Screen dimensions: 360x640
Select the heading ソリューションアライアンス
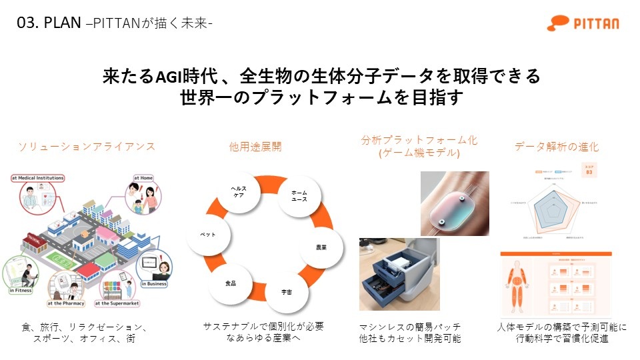pyautogui.click(x=86, y=147)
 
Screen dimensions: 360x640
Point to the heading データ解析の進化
pyautogui.click(x=557, y=147)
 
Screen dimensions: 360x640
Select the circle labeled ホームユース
pyautogui.click(x=299, y=196)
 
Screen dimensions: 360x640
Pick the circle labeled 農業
pyautogui.click(x=321, y=247)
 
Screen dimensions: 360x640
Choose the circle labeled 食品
pyautogui.click(x=230, y=283)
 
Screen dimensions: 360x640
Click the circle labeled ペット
pyautogui.click(x=208, y=235)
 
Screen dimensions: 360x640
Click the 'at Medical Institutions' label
pyautogui.click(x=38, y=178)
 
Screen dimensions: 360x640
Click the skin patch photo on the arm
pyautogui.click(x=455, y=203)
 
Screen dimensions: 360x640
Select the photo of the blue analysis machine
pyautogui.click(x=398, y=274)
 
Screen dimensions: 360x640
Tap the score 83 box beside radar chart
pyautogui.click(x=589, y=172)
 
